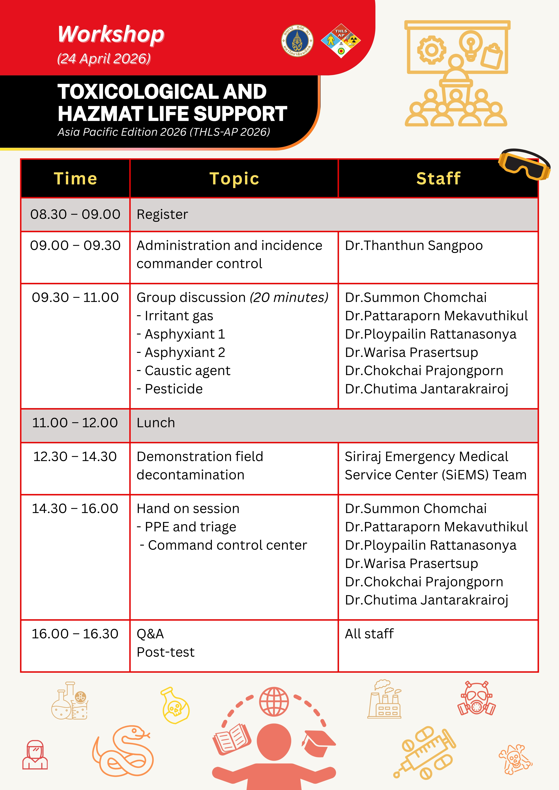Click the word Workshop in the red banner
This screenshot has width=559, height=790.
[x=111, y=35]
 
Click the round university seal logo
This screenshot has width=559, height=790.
[x=297, y=41]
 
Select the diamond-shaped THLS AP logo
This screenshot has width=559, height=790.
[x=341, y=41]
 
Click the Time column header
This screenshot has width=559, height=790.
[x=75, y=179]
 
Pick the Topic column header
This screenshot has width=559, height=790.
[x=234, y=179]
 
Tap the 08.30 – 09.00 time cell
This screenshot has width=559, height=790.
[x=75, y=214]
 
